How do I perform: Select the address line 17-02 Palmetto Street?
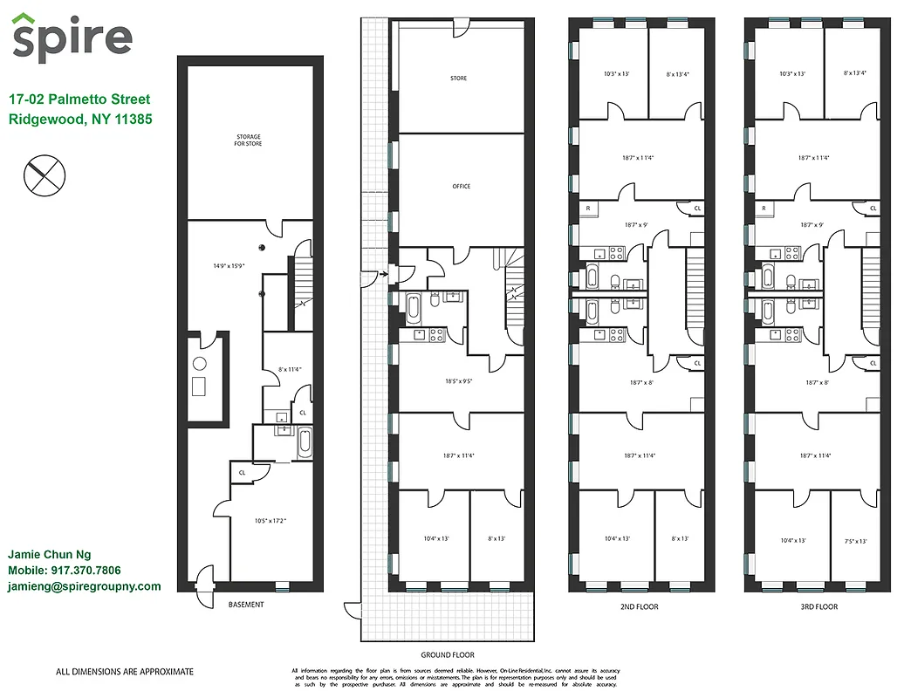tap(79, 99)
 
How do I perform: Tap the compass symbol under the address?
tap(44, 175)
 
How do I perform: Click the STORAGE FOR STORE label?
tap(249, 140)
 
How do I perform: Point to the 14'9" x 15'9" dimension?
tap(230, 265)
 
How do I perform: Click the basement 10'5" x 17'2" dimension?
tap(271, 521)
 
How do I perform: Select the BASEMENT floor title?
tap(246, 605)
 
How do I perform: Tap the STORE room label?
tap(458, 79)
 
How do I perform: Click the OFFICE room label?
tap(462, 186)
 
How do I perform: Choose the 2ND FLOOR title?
tap(641, 606)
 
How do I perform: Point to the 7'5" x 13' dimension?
tap(855, 541)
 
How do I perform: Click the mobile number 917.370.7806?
tap(86, 571)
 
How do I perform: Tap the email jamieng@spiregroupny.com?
tap(84, 586)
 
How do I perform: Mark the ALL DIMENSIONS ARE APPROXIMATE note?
tap(125, 672)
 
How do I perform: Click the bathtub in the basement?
tap(304, 442)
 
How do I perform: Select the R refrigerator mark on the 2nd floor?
tap(588, 209)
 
